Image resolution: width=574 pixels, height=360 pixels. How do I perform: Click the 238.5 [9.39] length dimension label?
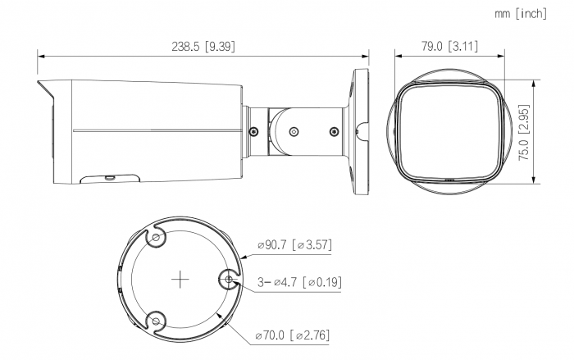point(203,47)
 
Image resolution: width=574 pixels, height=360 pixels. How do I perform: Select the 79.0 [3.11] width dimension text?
point(449,47)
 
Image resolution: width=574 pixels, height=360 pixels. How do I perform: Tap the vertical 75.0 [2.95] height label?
point(524,133)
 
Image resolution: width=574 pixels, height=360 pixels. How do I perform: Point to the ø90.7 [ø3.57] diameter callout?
point(295,244)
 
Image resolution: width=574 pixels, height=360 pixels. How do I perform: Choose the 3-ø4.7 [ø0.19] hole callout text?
point(300,282)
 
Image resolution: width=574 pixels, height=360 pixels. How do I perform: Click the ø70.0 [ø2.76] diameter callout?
point(293,335)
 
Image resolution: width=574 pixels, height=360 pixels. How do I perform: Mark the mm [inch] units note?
point(521,14)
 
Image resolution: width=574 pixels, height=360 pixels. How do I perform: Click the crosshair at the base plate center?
point(180,280)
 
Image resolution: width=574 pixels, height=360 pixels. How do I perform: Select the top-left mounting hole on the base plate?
point(156,237)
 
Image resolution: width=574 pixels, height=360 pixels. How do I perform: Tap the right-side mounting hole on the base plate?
point(229,280)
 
